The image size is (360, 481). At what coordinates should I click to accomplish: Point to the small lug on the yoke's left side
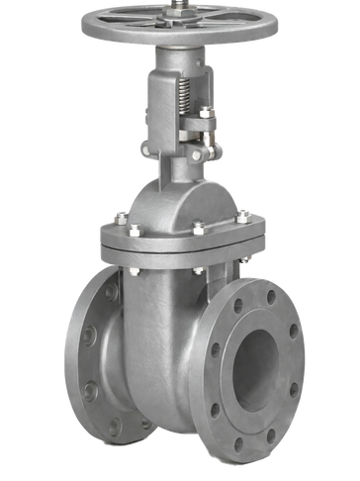tap(144, 148)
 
